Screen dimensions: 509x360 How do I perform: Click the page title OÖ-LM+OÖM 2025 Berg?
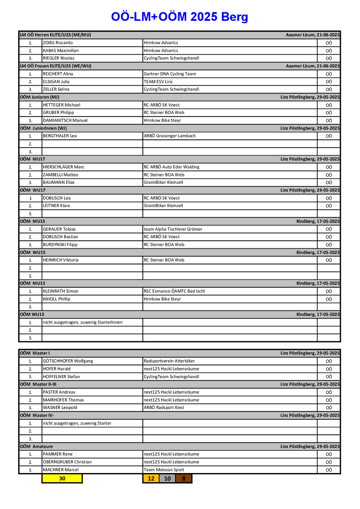tap(179, 17)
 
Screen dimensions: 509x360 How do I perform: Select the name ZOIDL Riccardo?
tap(58, 43)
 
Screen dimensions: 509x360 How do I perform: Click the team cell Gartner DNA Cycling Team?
tap(170, 74)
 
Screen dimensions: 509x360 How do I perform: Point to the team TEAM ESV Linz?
tap(158, 81)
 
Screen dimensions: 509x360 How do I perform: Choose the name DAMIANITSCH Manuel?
tap(65, 120)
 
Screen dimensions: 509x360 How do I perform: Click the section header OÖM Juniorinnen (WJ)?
tap(43, 128)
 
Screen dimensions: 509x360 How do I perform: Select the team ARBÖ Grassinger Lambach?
tap(169, 136)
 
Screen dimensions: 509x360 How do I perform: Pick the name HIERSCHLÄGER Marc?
tap(64, 167)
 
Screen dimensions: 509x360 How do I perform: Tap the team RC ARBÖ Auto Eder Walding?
tap(172, 167)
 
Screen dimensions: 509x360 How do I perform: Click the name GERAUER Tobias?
tap(59, 229)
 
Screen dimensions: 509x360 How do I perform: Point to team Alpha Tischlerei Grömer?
tap(173, 229)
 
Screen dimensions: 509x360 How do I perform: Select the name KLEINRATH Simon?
tap(61, 291)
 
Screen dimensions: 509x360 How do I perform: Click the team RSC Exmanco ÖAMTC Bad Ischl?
tap(174, 291)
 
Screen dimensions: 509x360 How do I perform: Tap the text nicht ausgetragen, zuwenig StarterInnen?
tap(83, 322)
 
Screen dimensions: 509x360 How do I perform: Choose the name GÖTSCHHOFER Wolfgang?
tap(68, 361)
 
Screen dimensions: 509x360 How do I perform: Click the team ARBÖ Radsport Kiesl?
tap(164, 407)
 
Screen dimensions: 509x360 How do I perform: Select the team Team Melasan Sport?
tap(164, 469)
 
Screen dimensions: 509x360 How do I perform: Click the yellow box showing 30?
tap(62, 478)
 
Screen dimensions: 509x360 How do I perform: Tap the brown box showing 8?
tap(184, 478)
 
